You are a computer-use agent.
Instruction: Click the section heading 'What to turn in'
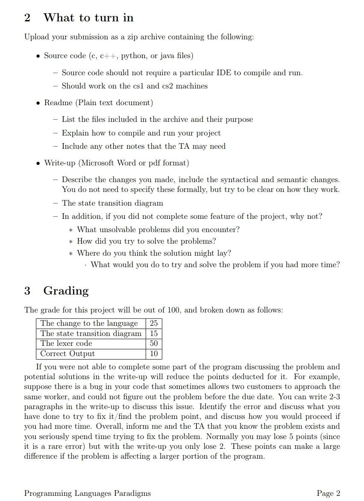click(88, 18)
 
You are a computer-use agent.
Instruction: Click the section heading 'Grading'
click(66, 291)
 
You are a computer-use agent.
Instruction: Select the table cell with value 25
click(154, 323)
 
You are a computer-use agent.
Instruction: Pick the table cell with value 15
click(154, 333)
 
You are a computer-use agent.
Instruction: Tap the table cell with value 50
click(154, 343)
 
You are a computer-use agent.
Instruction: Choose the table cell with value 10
click(154, 354)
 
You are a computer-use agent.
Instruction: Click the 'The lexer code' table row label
click(66, 343)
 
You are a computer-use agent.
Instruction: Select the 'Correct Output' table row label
click(68, 354)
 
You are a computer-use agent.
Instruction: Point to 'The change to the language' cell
click(89, 323)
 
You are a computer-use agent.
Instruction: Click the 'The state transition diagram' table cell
click(91, 333)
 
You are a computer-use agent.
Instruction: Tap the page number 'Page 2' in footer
click(329, 493)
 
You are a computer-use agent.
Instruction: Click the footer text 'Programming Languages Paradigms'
click(88, 493)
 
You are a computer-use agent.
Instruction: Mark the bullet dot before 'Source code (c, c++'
click(38, 56)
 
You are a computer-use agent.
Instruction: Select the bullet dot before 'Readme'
click(38, 103)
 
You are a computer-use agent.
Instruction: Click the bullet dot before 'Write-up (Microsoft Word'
click(38, 163)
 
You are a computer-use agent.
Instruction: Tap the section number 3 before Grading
click(27, 291)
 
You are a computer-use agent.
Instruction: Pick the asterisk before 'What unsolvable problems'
click(72, 230)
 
